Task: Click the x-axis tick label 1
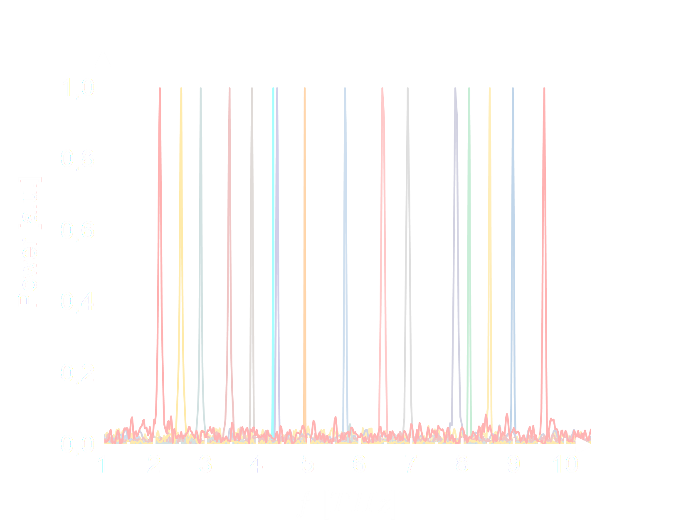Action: (x=103, y=464)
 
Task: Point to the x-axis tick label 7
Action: (x=410, y=464)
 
